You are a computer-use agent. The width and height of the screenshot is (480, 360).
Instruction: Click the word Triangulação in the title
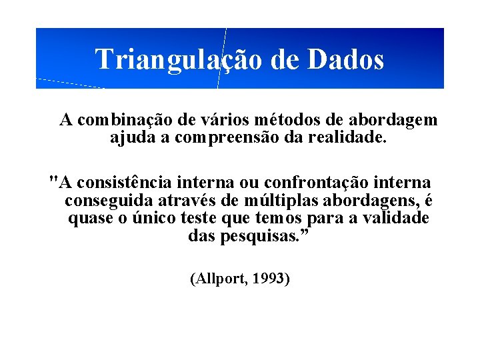tap(179, 59)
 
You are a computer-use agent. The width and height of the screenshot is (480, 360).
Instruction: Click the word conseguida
tap(109, 201)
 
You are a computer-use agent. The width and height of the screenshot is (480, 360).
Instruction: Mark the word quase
tap(89, 219)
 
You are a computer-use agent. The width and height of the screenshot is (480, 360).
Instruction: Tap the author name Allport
tap(219, 279)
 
